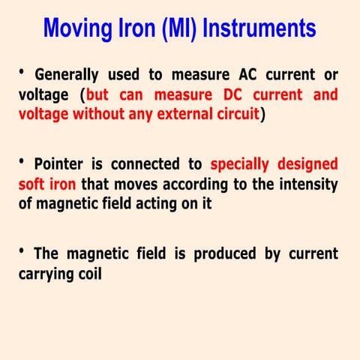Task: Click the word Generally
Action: (x=67, y=75)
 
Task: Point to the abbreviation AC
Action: (x=251, y=75)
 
